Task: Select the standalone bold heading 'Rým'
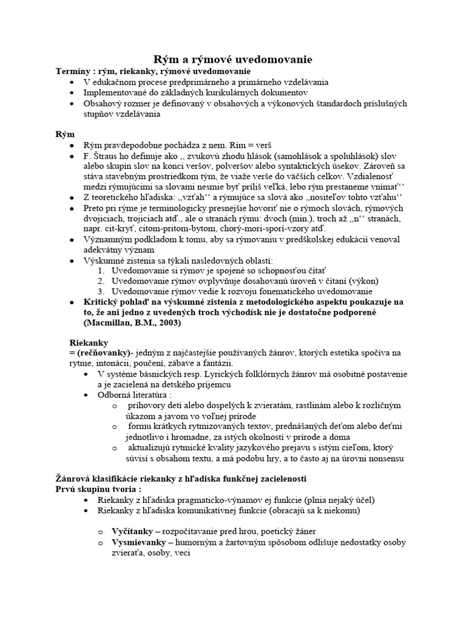pos(64,134)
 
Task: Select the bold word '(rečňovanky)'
pos(96,353)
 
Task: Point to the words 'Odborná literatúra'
pos(132,395)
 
